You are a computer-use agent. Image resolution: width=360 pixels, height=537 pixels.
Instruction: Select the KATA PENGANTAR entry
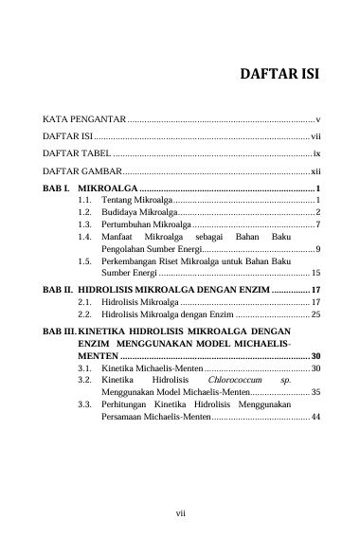tap(84, 121)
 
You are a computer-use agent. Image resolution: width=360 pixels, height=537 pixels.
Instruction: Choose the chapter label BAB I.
tap(58, 190)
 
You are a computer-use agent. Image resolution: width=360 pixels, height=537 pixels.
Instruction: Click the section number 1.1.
tap(84, 202)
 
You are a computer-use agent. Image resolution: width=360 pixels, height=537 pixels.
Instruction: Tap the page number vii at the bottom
tap(180, 512)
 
